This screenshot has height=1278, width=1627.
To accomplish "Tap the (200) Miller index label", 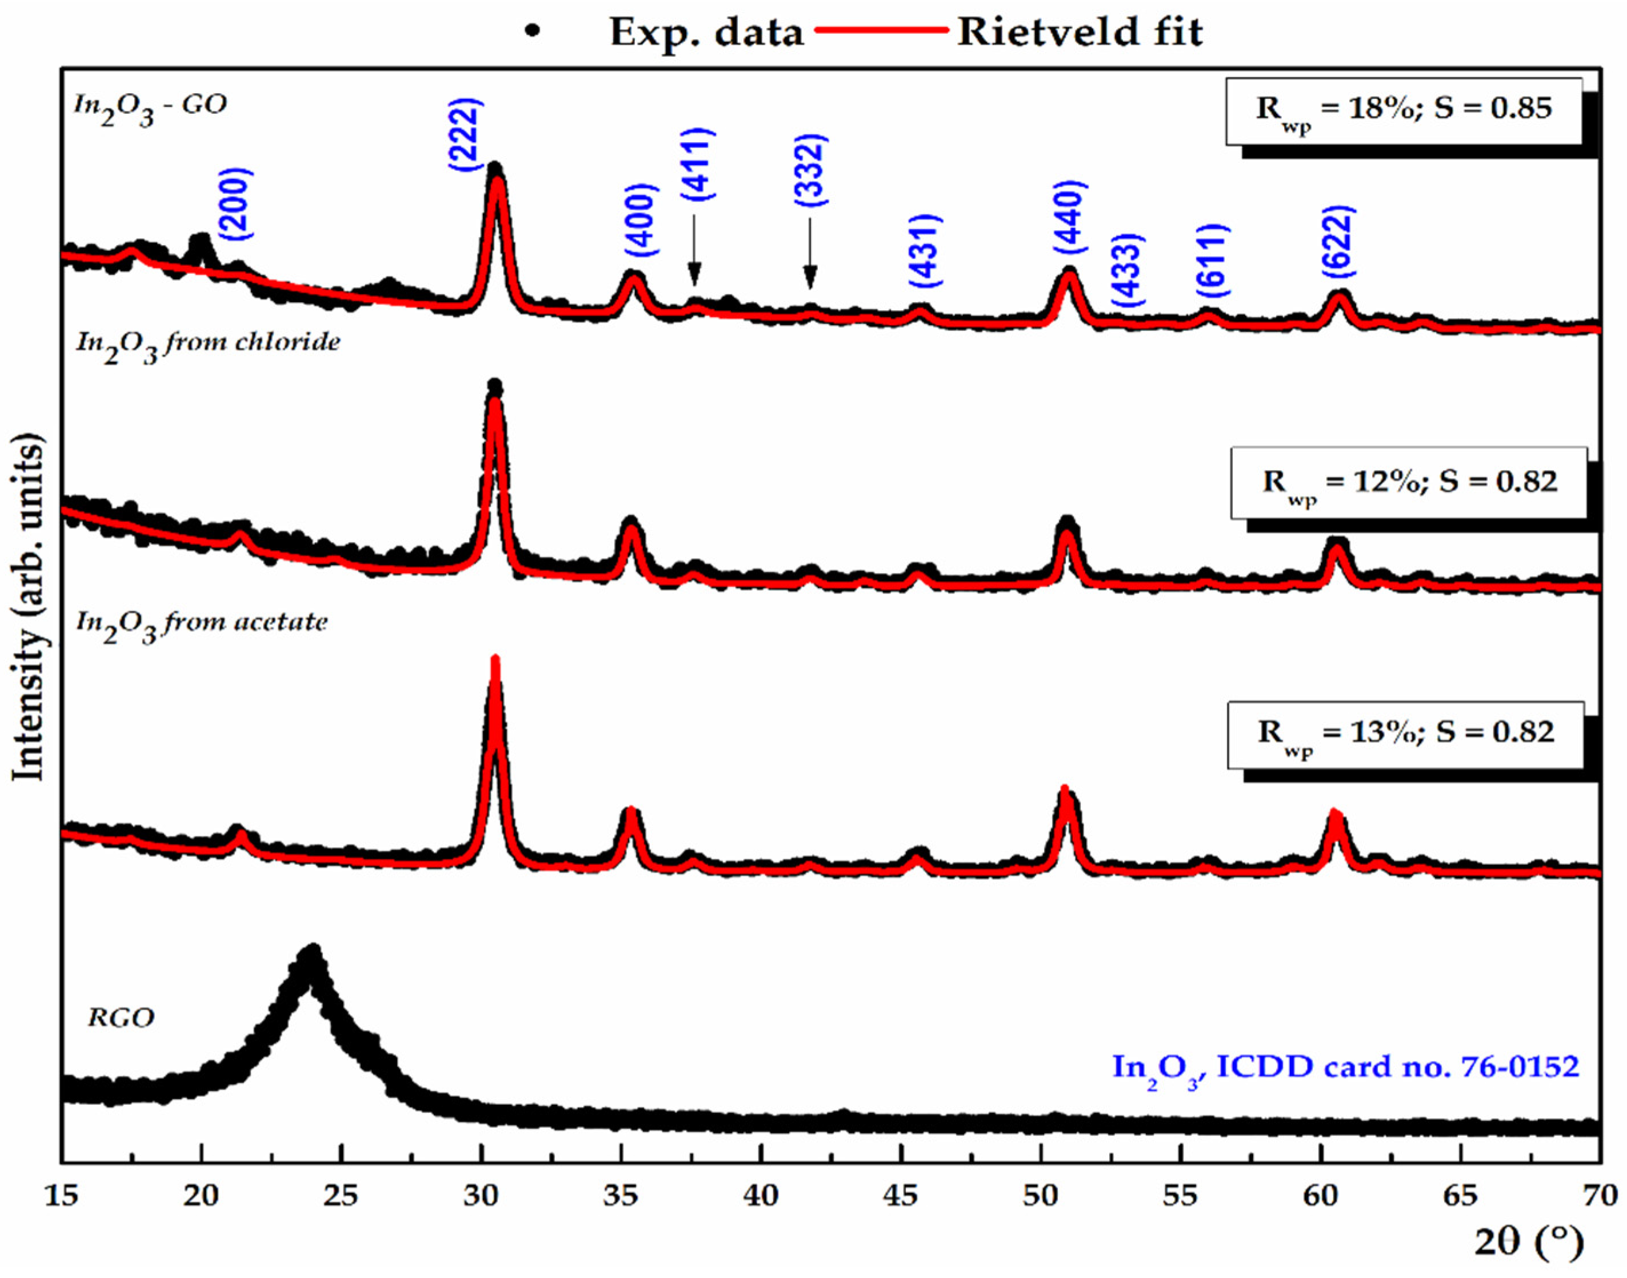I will (x=237, y=203).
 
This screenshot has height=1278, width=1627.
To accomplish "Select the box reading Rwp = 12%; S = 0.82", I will (x=1409, y=483).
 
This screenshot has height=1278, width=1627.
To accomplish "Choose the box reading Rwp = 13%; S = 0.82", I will (x=1405, y=734).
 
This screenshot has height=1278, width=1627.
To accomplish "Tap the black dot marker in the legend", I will (x=532, y=31).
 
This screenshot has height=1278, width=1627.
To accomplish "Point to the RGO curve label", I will (x=121, y=1017).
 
